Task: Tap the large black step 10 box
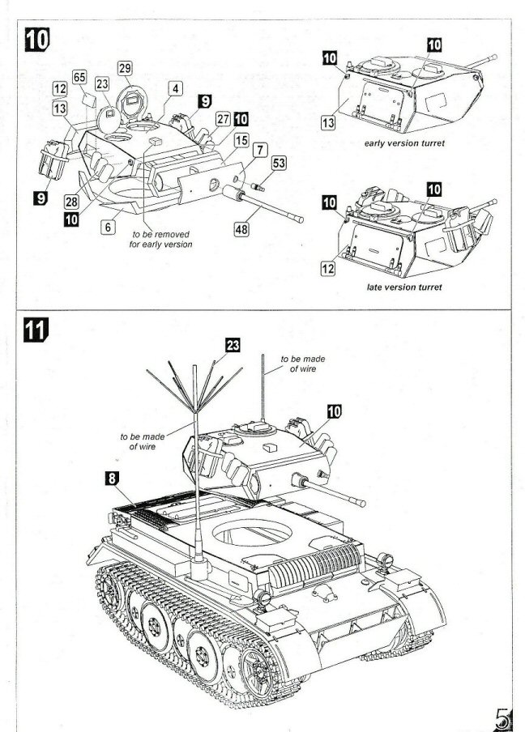pos(37,39)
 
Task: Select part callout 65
pos(79,77)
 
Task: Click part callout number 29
pos(125,68)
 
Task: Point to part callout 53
pos(279,164)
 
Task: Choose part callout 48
pos(241,229)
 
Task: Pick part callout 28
pos(71,200)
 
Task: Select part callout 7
pos(259,150)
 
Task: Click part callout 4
pos(176,88)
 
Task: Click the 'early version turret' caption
pos(405,143)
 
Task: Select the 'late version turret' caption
pos(403,289)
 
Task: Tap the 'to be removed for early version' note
pos(161,239)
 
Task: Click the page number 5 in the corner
pos(503,716)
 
